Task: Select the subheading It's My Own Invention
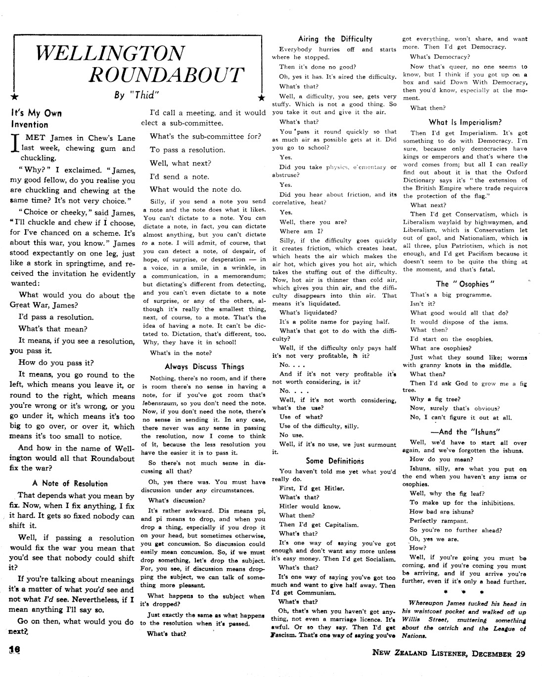36,119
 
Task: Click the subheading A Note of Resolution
70,483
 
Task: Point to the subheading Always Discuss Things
204,367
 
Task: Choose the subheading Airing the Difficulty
335,39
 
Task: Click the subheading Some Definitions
335,461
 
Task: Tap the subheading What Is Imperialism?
465,122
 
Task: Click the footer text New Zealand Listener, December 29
449,654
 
